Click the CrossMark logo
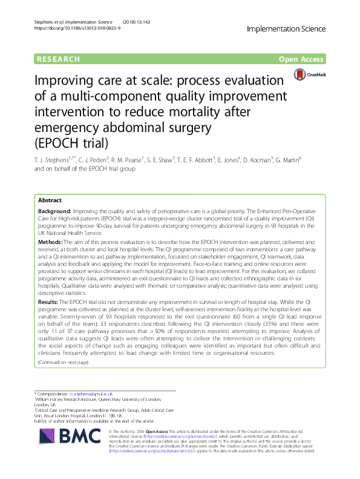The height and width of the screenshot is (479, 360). [309, 75]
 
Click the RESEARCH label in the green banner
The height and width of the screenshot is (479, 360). [59, 59]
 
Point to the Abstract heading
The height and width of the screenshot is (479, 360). [50, 200]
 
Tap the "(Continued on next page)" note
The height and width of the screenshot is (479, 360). [63, 362]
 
